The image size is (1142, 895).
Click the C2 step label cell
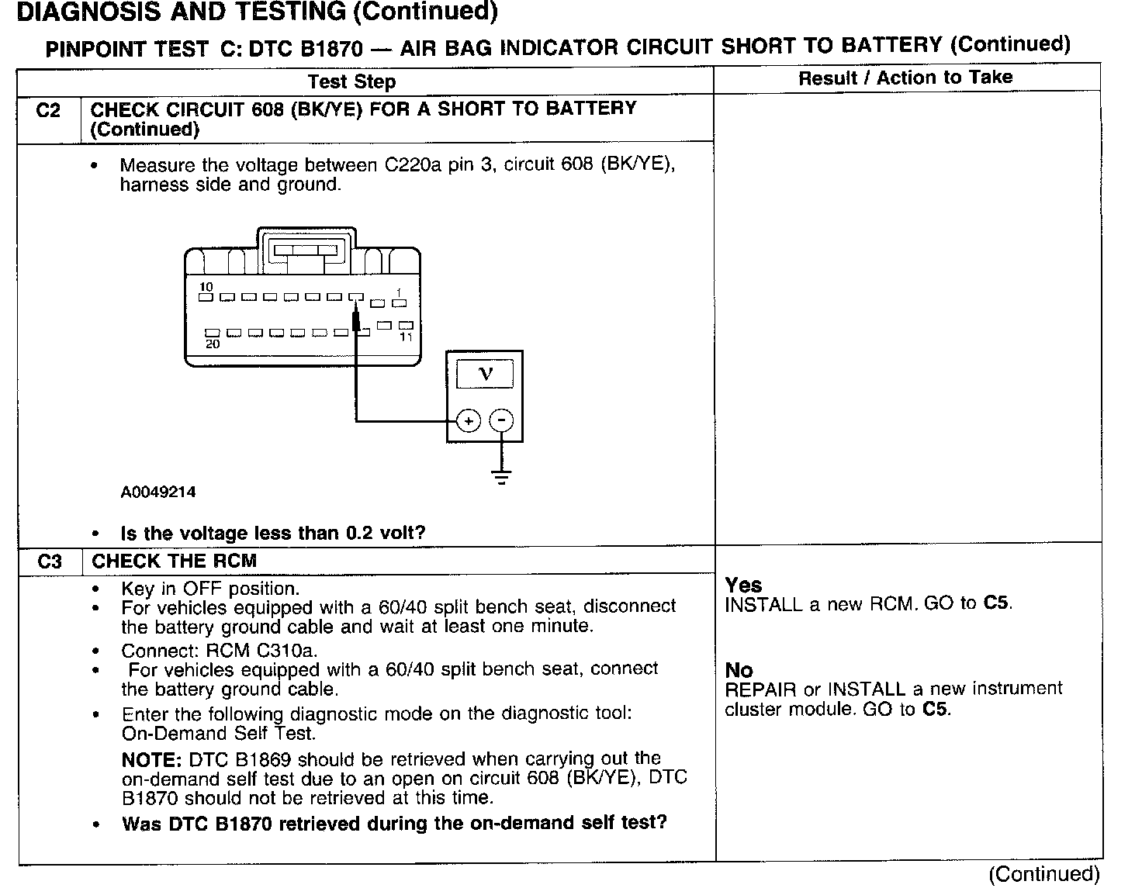48,111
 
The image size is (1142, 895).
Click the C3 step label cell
49,561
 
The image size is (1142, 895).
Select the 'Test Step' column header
351,81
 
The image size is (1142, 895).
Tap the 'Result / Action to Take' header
905,78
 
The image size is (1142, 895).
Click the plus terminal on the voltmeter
468,421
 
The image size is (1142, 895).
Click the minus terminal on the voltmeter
502,421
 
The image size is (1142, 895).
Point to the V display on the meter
485,375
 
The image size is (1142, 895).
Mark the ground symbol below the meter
502,476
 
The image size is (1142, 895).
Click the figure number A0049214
158,492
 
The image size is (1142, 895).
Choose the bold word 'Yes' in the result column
743,585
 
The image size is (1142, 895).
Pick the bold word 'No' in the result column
739,669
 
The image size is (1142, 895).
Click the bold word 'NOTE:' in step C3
152,759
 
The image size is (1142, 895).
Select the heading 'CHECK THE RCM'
174,561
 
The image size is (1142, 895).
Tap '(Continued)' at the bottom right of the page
1043,874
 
